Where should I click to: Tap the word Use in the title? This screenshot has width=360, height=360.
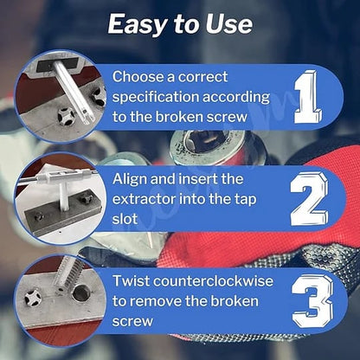pyautogui.click(x=228, y=23)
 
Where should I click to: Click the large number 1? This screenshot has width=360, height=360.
pyautogui.click(x=306, y=97)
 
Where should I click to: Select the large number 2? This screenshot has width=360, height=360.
pyautogui.click(x=309, y=199)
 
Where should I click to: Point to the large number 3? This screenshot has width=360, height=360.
pyautogui.click(x=312, y=300)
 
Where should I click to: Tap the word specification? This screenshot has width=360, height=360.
pyautogui.click(x=155, y=98)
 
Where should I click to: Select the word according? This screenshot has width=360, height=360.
pyautogui.click(x=236, y=98)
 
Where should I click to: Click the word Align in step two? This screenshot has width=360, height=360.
pyautogui.click(x=130, y=179)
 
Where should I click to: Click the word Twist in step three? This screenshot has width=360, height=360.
pyautogui.click(x=131, y=281)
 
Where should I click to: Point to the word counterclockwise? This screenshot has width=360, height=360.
pyautogui.click(x=213, y=281)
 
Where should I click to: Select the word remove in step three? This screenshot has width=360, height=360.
pyautogui.click(x=155, y=301)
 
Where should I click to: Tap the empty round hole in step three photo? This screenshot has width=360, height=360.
pyautogui.click(x=81, y=293)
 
